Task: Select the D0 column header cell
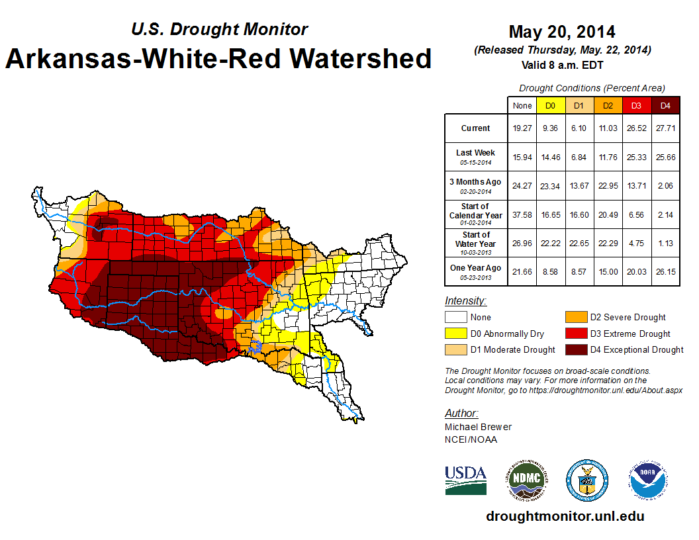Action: [x=550, y=105]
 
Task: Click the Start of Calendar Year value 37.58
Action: [x=522, y=215]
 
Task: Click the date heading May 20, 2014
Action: [x=562, y=32]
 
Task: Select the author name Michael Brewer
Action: [x=478, y=427]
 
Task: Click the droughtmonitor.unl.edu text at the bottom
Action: [x=565, y=516]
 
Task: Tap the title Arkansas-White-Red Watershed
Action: [x=218, y=58]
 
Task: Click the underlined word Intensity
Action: [x=465, y=301]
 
